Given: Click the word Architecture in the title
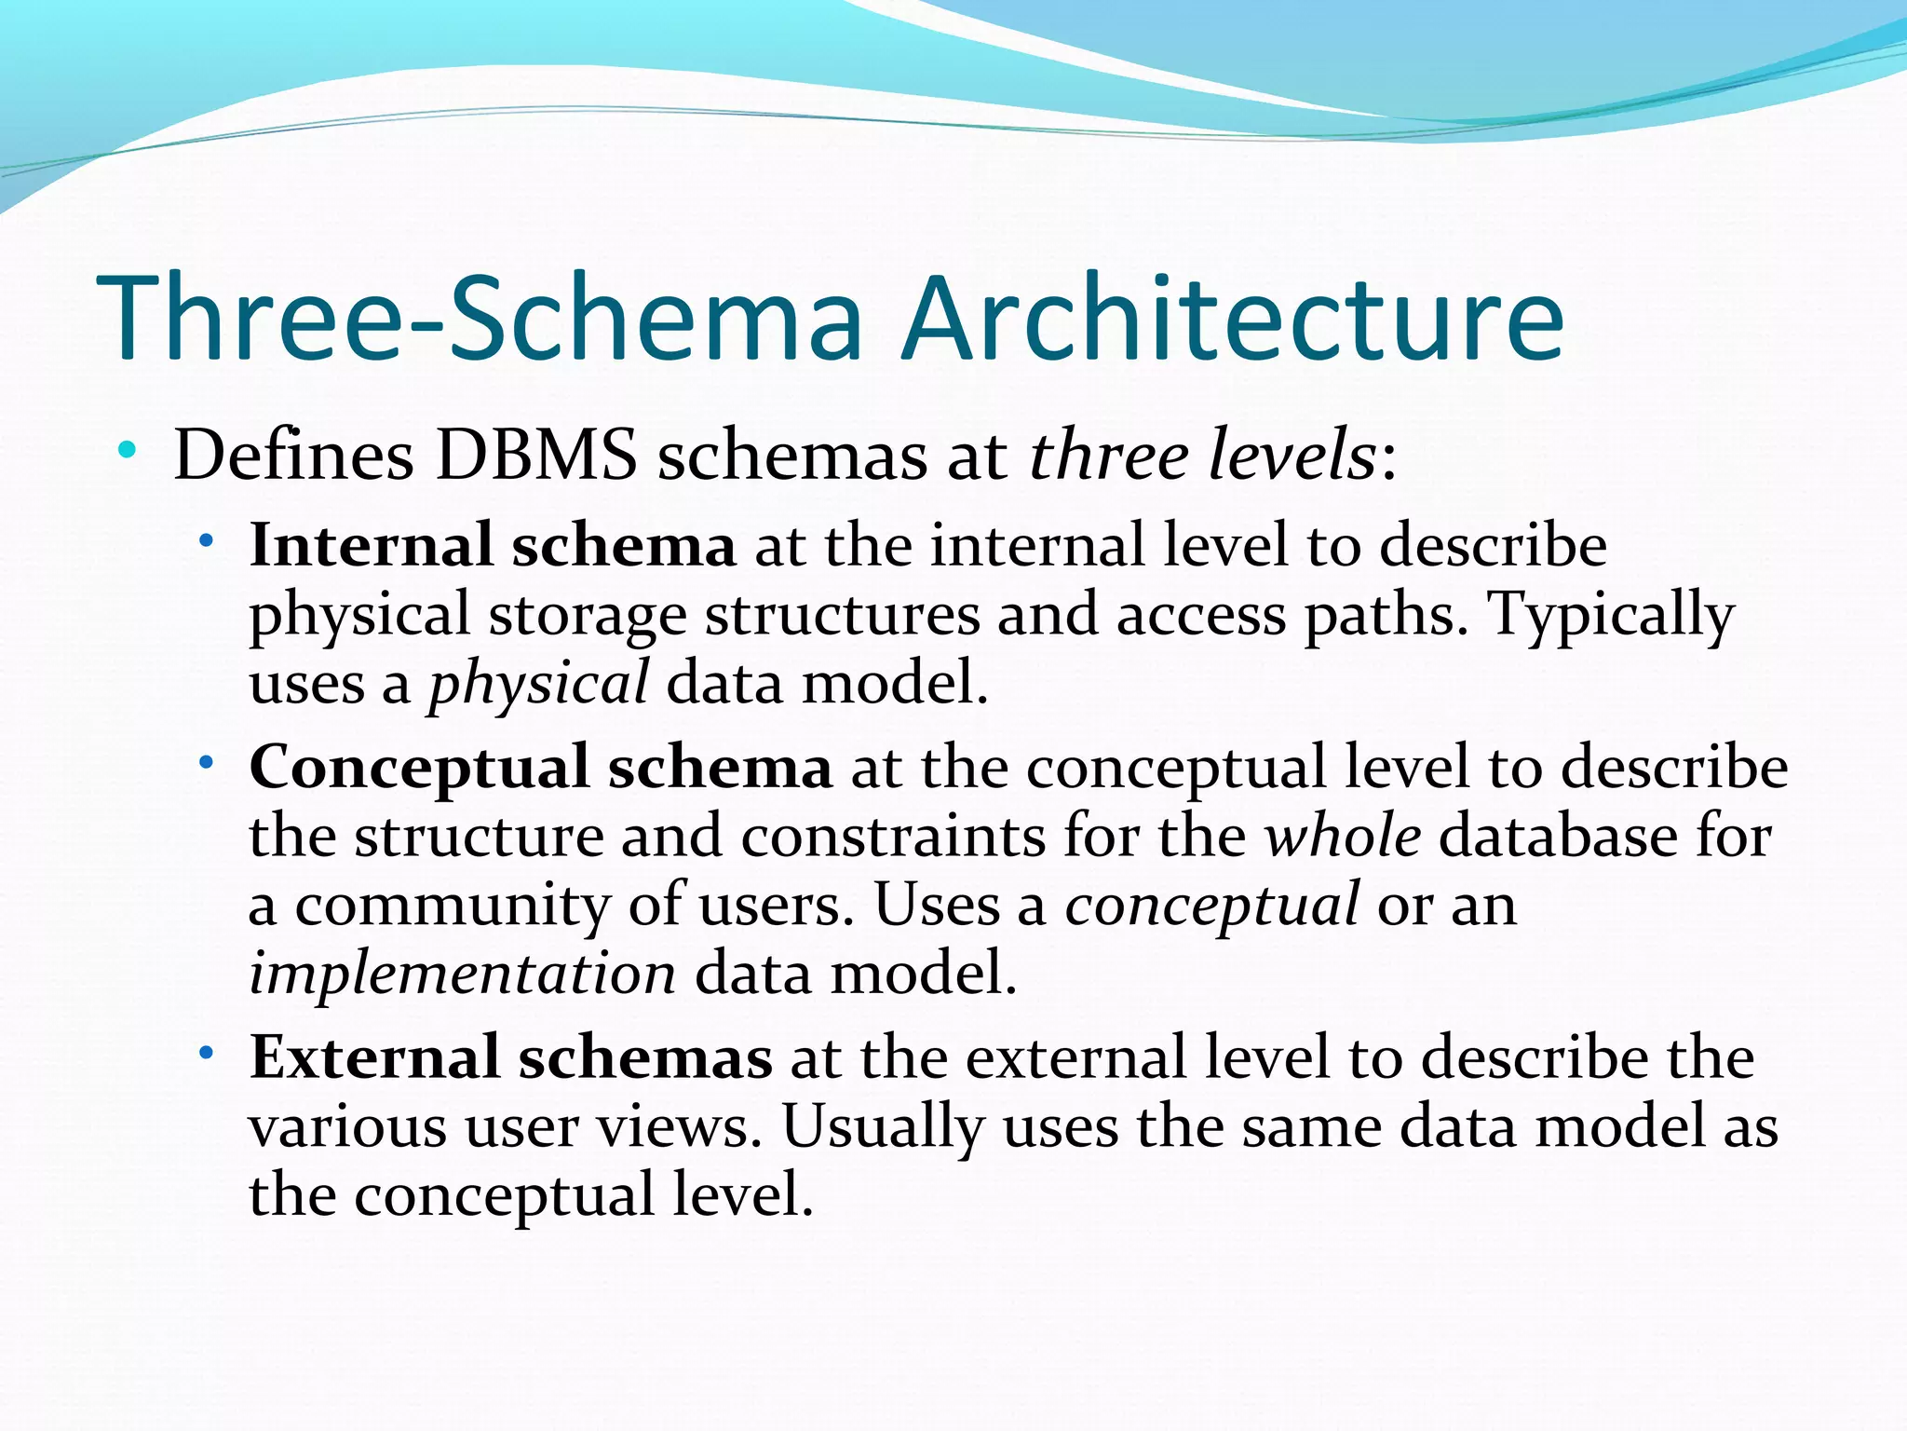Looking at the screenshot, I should (x=1233, y=319).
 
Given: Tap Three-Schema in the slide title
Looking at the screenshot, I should (x=480, y=319).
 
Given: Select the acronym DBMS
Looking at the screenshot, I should (x=536, y=457).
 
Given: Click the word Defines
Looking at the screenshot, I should (x=293, y=457).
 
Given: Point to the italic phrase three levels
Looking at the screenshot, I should (x=1202, y=457).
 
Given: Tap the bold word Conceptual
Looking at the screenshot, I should (x=419, y=768).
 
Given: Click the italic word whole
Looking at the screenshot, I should (x=1342, y=836).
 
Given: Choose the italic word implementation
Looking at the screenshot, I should (x=463, y=974).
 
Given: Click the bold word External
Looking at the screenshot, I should (x=374, y=1058).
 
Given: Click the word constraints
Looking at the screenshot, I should (x=893, y=836).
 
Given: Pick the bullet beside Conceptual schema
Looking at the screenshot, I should (x=207, y=763).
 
